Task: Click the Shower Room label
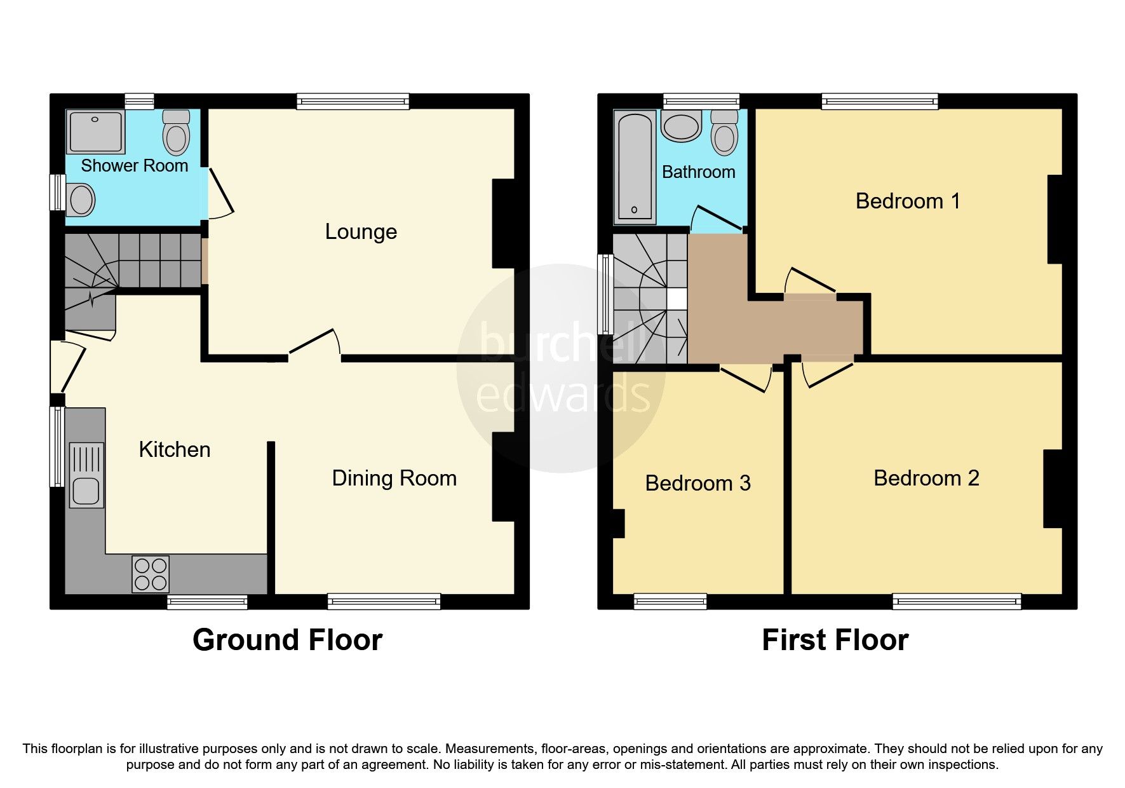click(x=134, y=166)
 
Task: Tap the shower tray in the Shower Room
click(x=96, y=132)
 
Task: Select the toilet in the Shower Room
click(x=176, y=133)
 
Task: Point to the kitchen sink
click(x=86, y=475)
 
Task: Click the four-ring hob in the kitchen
click(x=151, y=574)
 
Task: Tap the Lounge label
click(x=361, y=232)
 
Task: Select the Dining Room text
click(x=394, y=478)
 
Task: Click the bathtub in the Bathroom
click(x=635, y=167)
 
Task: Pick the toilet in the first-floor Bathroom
click(x=724, y=133)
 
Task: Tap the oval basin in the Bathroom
click(x=681, y=126)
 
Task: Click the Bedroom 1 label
click(x=907, y=201)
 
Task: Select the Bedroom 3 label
click(x=697, y=484)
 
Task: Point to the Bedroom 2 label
click(x=926, y=478)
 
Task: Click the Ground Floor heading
click(x=287, y=640)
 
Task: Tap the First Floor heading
click(x=835, y=640)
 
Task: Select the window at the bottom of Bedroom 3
click(x=670, y=601)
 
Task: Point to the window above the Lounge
click(x=353, y=101)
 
